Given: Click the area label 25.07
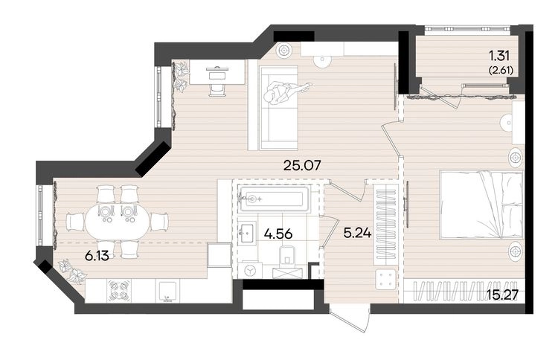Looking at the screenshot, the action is coord(302,165).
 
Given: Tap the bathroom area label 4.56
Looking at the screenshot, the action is coord(278,234).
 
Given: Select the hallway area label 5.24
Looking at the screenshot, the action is coord(357,233).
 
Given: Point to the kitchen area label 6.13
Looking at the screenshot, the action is coord(97,255).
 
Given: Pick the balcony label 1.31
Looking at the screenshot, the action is coord(499,56).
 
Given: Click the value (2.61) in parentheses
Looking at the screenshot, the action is coord(501,71).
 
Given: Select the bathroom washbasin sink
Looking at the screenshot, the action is coord(247,233).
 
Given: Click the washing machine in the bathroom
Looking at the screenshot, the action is coord(251,270).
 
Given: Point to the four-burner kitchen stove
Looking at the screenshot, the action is coord(118,290).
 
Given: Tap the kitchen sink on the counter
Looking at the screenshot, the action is coord(167,292).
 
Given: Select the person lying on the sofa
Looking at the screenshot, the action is coord(286,91).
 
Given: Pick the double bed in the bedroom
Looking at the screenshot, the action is coord(481,205).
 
